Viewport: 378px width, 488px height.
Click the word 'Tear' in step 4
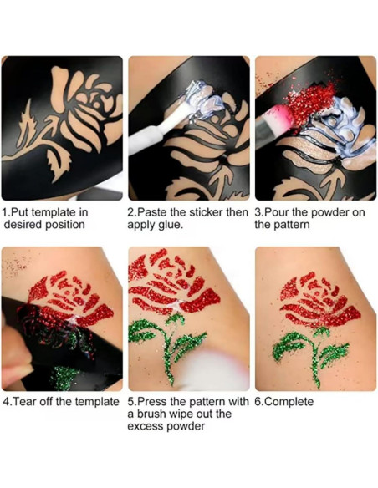point(28,402)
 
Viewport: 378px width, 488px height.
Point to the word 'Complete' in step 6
point(290,402)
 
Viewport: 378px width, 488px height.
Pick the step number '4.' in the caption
point(7,402)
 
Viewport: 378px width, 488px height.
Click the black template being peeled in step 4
point(42,334)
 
